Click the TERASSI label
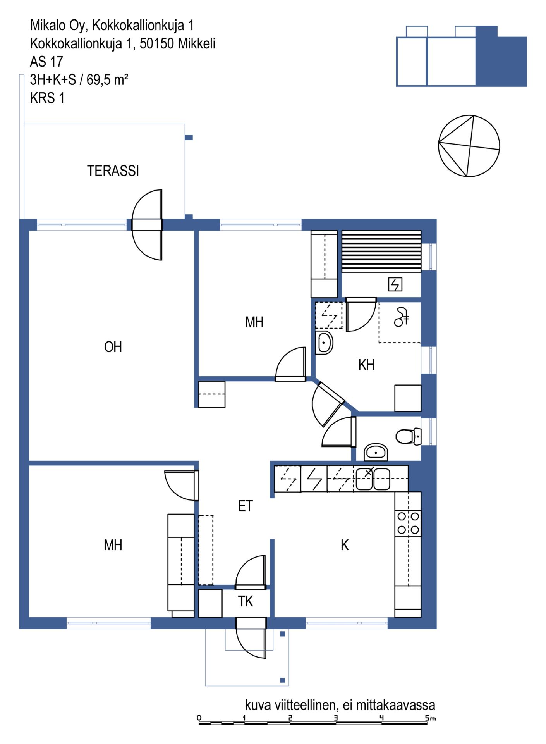tap(113, 171)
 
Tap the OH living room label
tap(113, 347)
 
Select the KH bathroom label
tap(366, 365)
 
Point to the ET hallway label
tap(245, 506)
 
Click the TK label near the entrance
tap(246, 601)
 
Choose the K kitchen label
tap(345, 545)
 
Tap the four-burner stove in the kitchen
tap(408, 523)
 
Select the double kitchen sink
tap(373, 479)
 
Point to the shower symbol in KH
tap(402, 317)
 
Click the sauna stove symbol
tap(395, 284)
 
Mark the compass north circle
tap(469, 146)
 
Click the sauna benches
tap(381, 251)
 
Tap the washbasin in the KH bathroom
tap(324, 343)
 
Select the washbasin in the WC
tap(376, 452)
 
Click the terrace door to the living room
tap(147, 225)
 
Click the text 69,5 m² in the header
tap(107, 80)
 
